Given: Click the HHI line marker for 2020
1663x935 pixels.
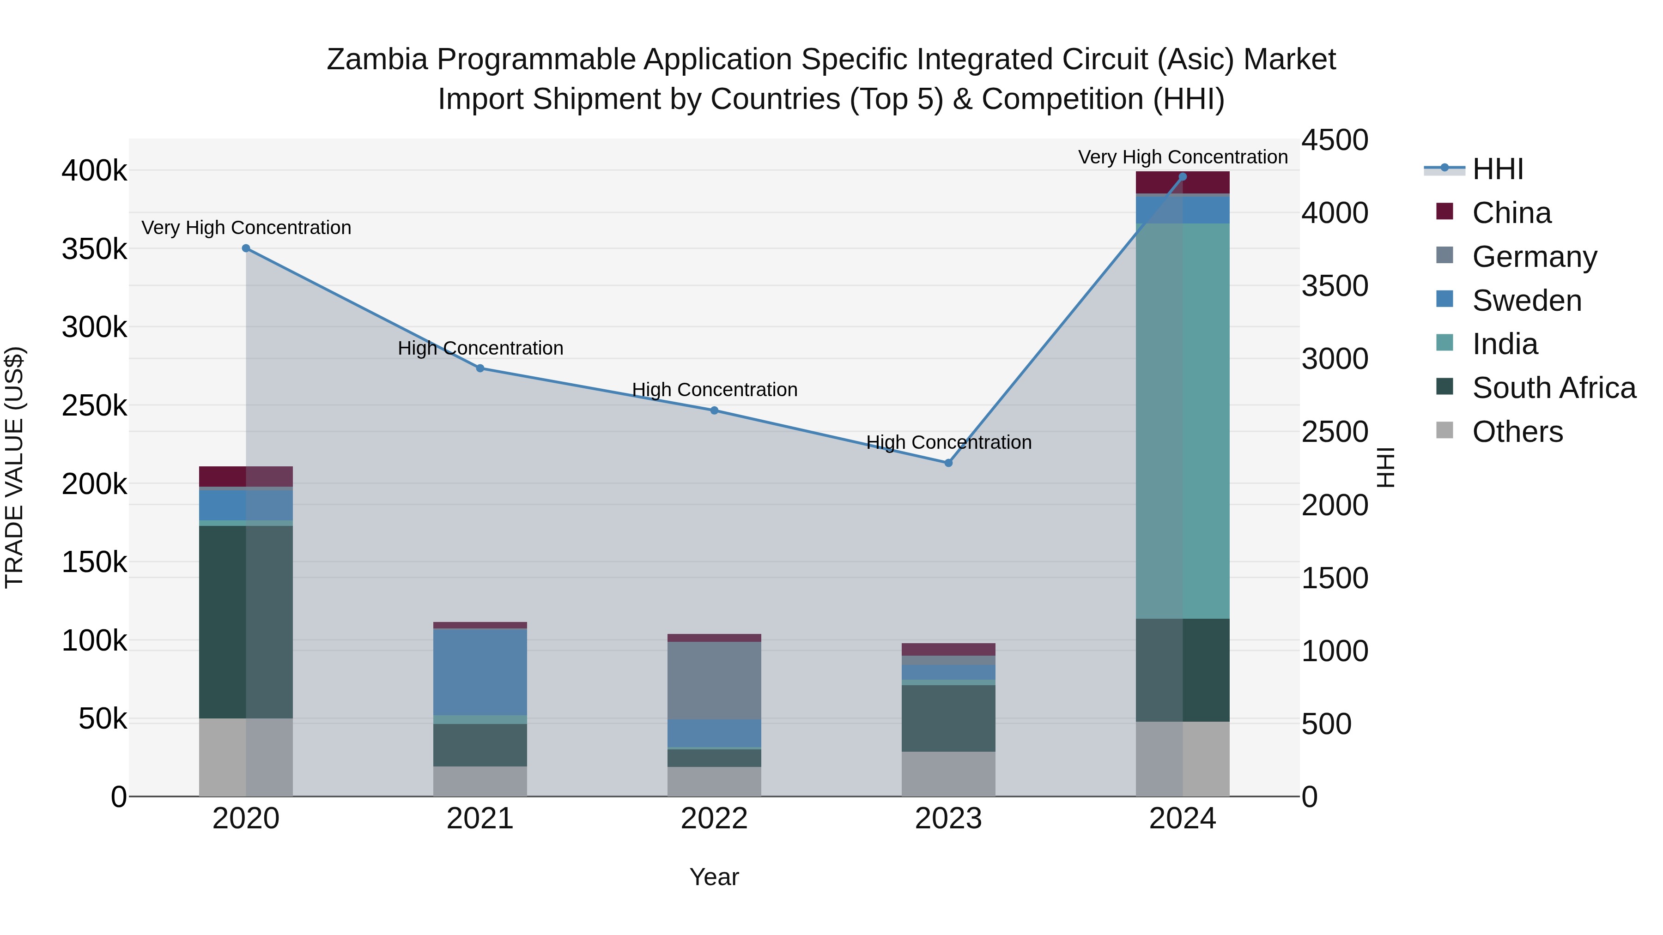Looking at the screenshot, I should (x=246, y=248).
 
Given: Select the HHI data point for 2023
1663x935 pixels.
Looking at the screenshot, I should (x=948, y=463).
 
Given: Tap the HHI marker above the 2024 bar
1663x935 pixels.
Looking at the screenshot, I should (x=1183, y=176).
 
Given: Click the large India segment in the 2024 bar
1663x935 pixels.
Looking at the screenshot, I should (x=1183, y=419).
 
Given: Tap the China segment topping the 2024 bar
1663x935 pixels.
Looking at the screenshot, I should (x=1183, y=182).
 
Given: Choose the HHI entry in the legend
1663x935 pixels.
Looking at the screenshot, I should (x=1498, y=169).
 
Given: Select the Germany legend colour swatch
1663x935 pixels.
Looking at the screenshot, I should (x=1445, y=255).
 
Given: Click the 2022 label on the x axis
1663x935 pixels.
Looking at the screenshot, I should (x=714, y=819).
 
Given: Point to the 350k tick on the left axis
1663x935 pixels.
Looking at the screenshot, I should (x=94, y=249).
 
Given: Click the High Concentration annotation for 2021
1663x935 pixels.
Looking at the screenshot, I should (x=480, y=348).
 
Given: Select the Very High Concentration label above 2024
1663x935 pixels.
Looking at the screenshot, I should (x=1183, y=157).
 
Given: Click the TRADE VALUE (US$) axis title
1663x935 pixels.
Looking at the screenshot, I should (x=14, y=467).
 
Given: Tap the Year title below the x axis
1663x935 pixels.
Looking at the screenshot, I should (x=714, y=877).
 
